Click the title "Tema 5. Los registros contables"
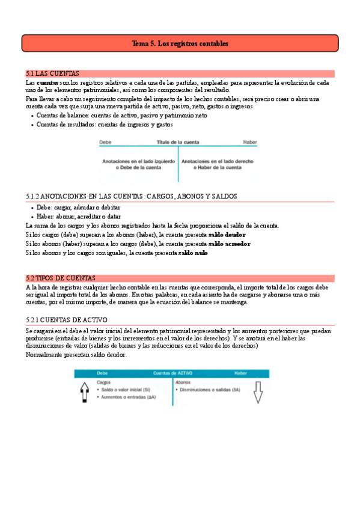[180, 44]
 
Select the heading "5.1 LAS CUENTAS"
[53, 73]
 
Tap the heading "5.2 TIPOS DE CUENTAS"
[61, 278]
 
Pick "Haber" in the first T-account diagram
[249, 143]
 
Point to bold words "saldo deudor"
[227, 235]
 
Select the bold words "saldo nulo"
[193, 253]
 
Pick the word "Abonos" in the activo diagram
[183, 382]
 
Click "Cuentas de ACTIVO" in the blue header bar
[177, 373]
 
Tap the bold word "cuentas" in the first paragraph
[47, 82]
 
